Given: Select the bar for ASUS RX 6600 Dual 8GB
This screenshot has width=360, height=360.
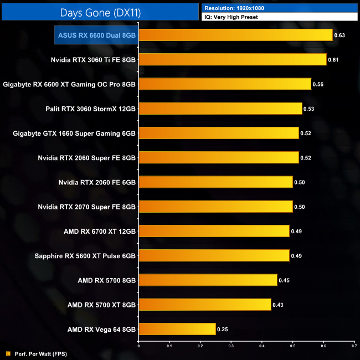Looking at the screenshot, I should pyautogui.click(x=235, y=35).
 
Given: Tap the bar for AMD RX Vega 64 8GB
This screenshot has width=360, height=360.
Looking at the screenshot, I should pyautogui.click(x=177, y=329).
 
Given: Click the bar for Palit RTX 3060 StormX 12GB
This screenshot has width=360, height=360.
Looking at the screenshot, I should pyautogui.click(x=220, y=109).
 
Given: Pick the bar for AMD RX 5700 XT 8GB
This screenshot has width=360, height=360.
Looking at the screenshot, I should pyautogui.click(x=204, y=304).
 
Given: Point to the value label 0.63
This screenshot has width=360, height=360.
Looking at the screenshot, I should pyautogui.click(x=340, y=35).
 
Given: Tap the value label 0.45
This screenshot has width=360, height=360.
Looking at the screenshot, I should pyautogui.click(x=284, y=280).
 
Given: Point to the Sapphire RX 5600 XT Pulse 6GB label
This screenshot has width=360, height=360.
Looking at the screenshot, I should pyautogui.click(x=85, y=255).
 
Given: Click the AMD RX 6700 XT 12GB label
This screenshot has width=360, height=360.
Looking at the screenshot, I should pyautogui.click(x=99, y=231).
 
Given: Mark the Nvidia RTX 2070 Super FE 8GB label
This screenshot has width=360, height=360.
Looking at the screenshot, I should pyautogui.click(x=87, y=207).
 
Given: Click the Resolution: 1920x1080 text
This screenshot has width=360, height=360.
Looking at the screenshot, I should pyautogui.click(x=233, y=8).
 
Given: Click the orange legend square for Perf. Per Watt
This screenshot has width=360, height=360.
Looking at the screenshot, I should pyautogui.click(x=8, y=353).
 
